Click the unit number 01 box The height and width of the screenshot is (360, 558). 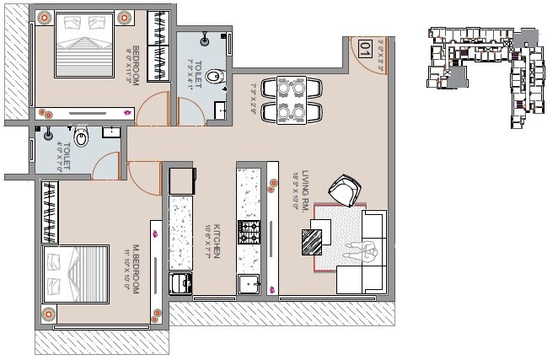tap(365, 49)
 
